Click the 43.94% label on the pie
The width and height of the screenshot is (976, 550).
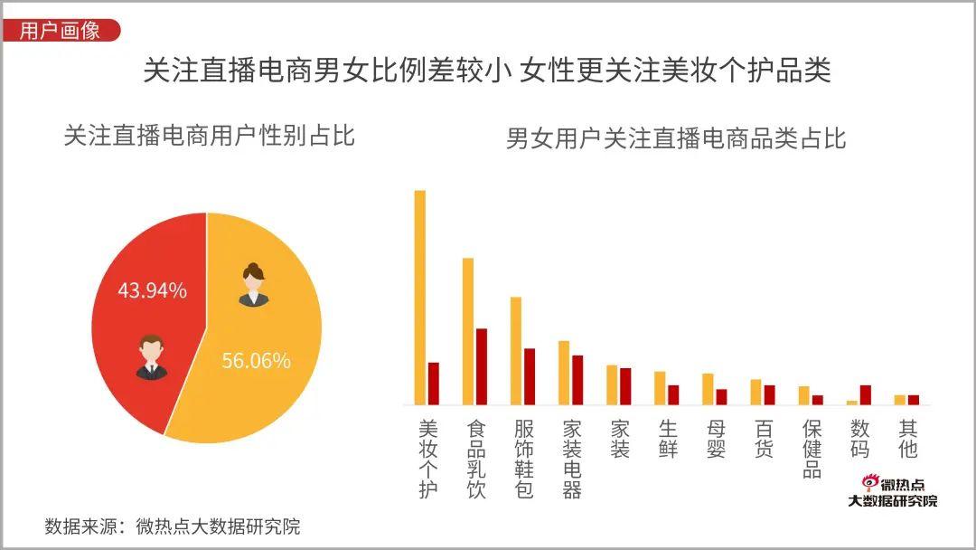(153, 290)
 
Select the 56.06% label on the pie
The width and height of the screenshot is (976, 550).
(257, 361)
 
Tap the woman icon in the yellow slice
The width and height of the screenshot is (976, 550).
(253, 284)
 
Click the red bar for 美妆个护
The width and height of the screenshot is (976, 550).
(433, 383)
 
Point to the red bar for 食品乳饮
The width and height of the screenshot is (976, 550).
(482, 365)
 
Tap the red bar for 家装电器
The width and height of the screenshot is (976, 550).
(577, 379)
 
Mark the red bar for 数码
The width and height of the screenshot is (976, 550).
(865, 394)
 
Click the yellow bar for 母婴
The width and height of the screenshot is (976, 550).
(709, 388)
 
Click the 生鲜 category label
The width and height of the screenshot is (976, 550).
(668, 438)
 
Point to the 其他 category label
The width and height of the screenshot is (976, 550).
(908, 438)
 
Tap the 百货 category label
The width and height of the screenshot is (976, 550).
(764, 438)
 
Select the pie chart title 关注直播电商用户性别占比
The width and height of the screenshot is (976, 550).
(209, 136)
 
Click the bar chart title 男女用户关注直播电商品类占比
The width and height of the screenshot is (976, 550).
(676, 138)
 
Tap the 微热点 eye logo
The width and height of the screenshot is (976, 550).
(868, 483)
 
